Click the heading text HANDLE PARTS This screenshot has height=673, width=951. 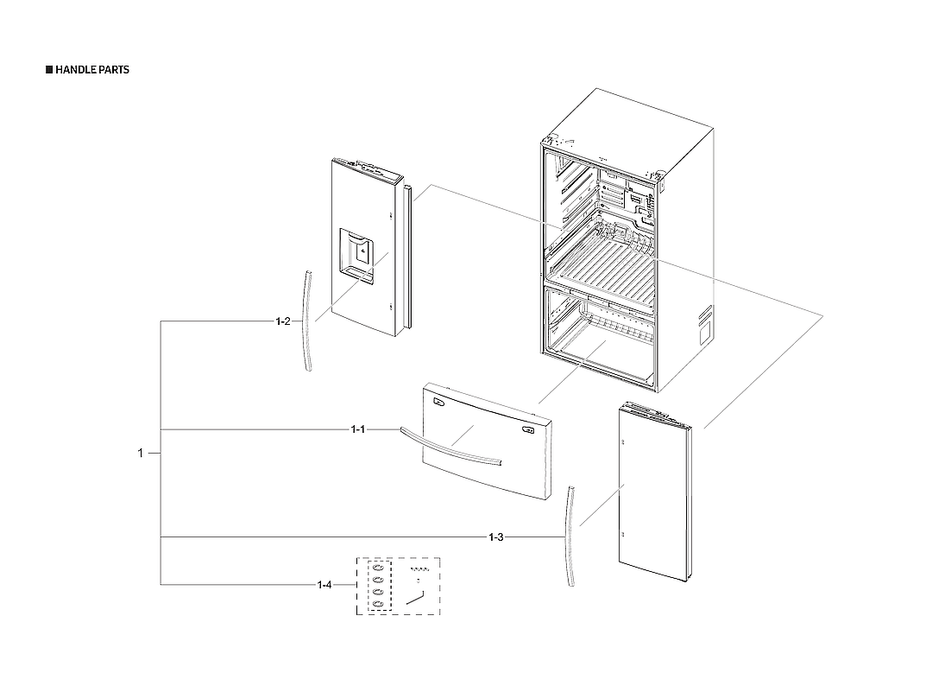coord(91,70)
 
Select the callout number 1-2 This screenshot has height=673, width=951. coord(283,322)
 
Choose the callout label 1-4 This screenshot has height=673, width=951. coord(324,586)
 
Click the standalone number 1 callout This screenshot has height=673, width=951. coord(141,453)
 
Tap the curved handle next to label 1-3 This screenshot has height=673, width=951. coord(570,536)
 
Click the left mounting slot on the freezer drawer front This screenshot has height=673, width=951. coord(438,401)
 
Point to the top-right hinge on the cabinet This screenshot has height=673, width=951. coord(659,179)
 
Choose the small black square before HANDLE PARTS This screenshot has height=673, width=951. coord(49,70)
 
